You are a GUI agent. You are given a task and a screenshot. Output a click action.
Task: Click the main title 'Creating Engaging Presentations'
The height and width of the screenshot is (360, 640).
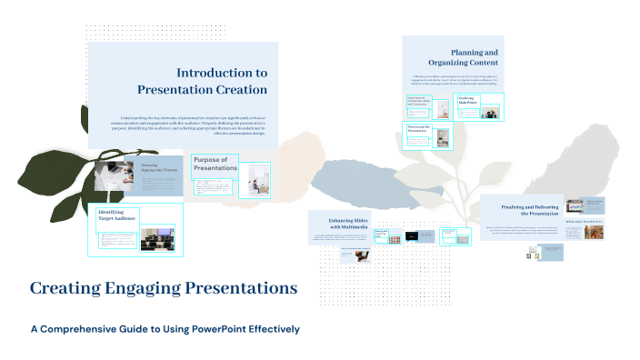[164, 288]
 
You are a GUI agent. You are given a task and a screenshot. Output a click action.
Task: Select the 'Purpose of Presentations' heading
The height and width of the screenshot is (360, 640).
[215, 164]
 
